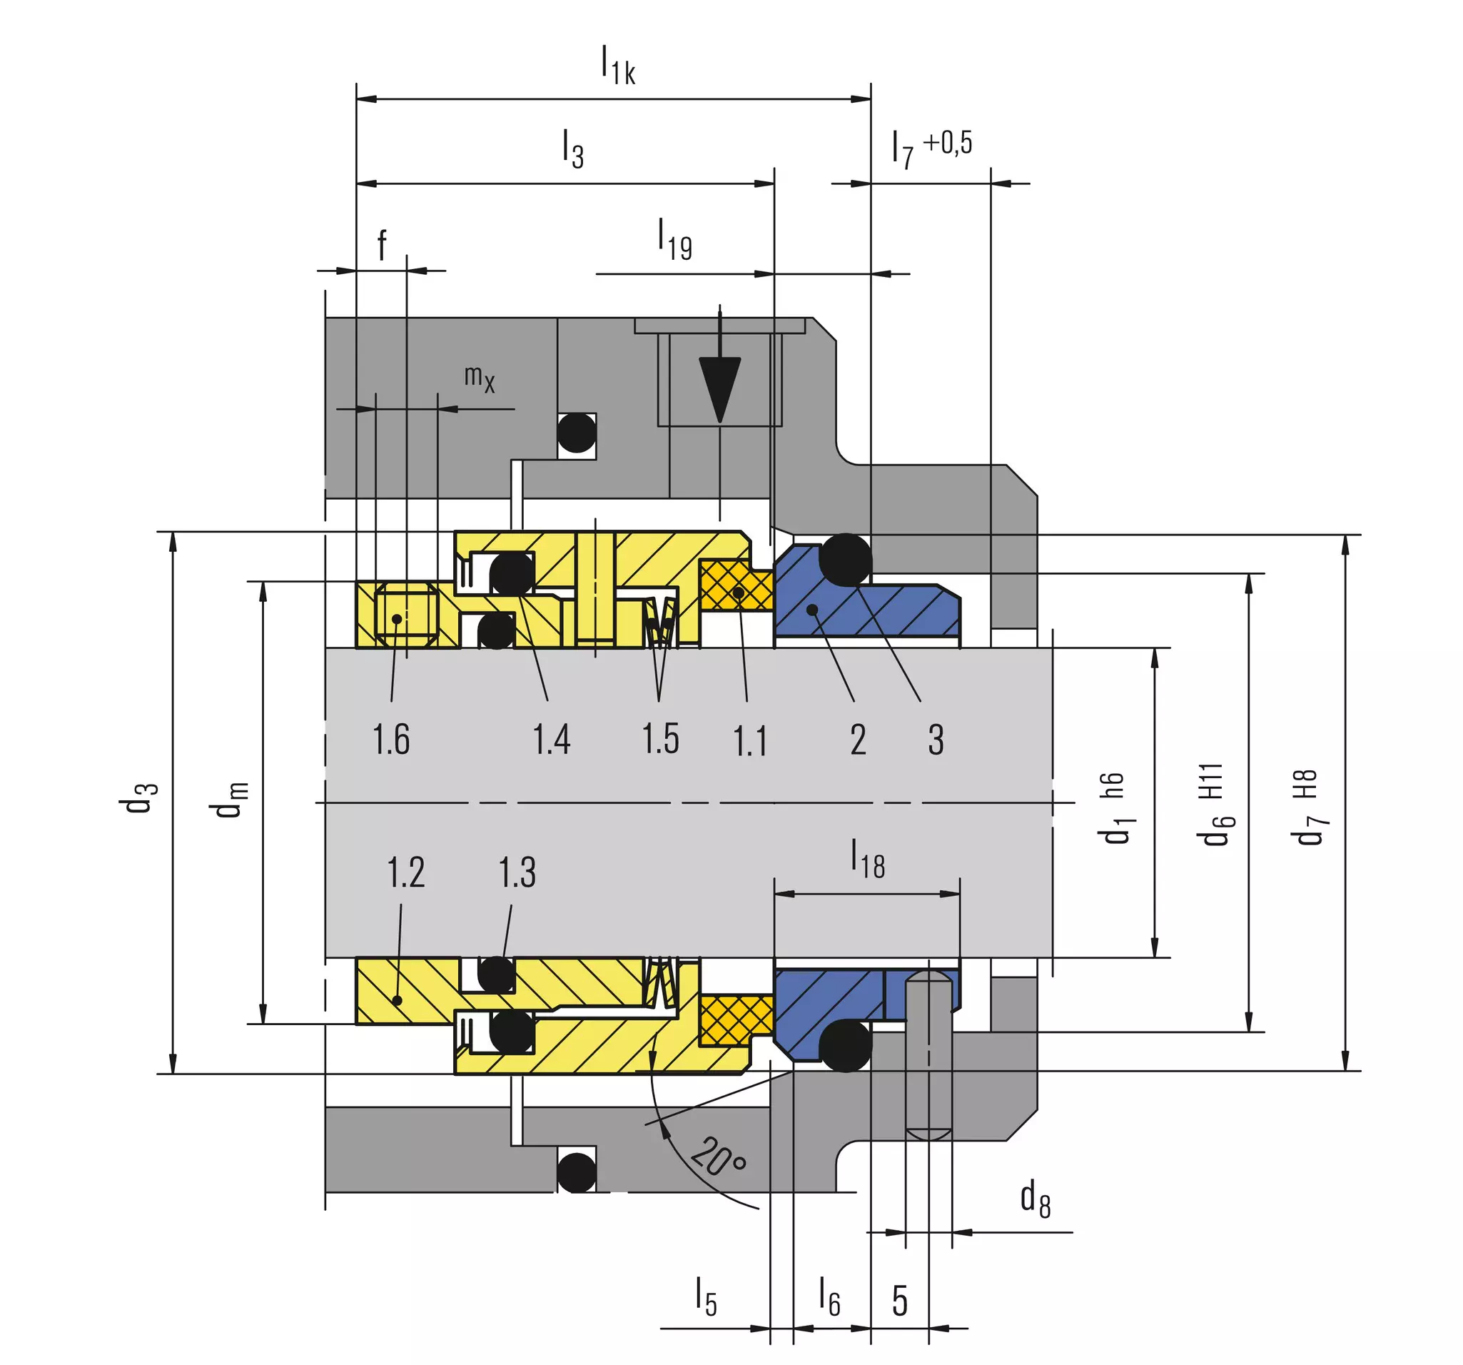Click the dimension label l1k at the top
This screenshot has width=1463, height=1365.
(617, 65)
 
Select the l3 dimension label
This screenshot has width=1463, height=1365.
(572, 148)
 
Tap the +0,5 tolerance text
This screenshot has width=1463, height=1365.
(948, 143)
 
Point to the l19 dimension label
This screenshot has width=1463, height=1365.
(674, 239)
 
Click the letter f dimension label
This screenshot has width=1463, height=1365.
(382, 245)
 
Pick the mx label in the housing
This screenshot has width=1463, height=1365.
(479, 378)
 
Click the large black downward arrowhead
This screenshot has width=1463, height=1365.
(720, 390)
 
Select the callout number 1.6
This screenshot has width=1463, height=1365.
(391, 739)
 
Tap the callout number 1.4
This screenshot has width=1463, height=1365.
(551, 739)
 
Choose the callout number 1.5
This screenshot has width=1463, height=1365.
(660, 739)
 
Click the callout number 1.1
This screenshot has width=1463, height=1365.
(750, 740)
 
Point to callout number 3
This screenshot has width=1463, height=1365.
(936, 740)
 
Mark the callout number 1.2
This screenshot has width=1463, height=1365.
(406, 872)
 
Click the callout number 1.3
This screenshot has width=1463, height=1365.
(517, 872)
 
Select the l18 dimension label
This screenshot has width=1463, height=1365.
(868, 858)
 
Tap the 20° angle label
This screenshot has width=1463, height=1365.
(718, 1156)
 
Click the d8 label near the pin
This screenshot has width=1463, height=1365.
(1036, 1198)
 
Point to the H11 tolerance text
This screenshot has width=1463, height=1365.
(1210, 781)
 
